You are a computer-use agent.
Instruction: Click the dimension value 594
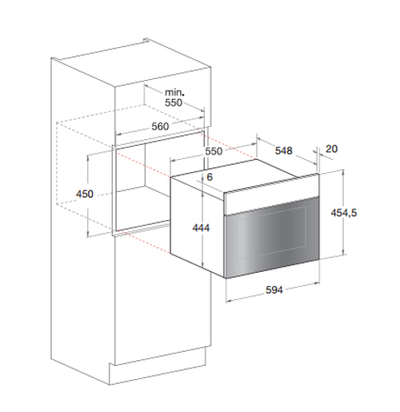274,290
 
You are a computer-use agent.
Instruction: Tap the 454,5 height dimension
344,213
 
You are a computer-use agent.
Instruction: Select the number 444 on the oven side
201,227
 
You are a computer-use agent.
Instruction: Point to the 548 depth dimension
284,151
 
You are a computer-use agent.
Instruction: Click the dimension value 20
331,149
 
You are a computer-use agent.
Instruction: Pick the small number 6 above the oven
210,177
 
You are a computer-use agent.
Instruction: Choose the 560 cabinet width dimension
160,126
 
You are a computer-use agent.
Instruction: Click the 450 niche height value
85,194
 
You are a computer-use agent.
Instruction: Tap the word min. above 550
174,92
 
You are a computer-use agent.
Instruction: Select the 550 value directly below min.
174,102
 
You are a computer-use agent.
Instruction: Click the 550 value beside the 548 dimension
214,151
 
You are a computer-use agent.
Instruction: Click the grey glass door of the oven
272,238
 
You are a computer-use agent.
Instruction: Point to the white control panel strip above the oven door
272,195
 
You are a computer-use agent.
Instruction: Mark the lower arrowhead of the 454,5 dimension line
343,253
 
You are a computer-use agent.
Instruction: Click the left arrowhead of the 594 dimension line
228,301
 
